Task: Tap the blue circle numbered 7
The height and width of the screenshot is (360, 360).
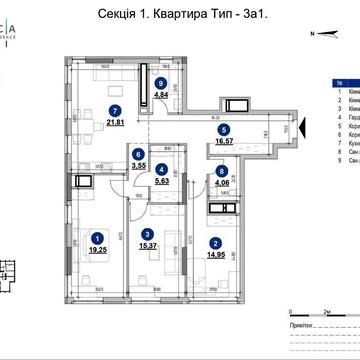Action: coord(116,109)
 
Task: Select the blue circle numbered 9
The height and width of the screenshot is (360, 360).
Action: coord(161,84)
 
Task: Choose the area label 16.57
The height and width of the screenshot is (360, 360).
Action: coord(225,142)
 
